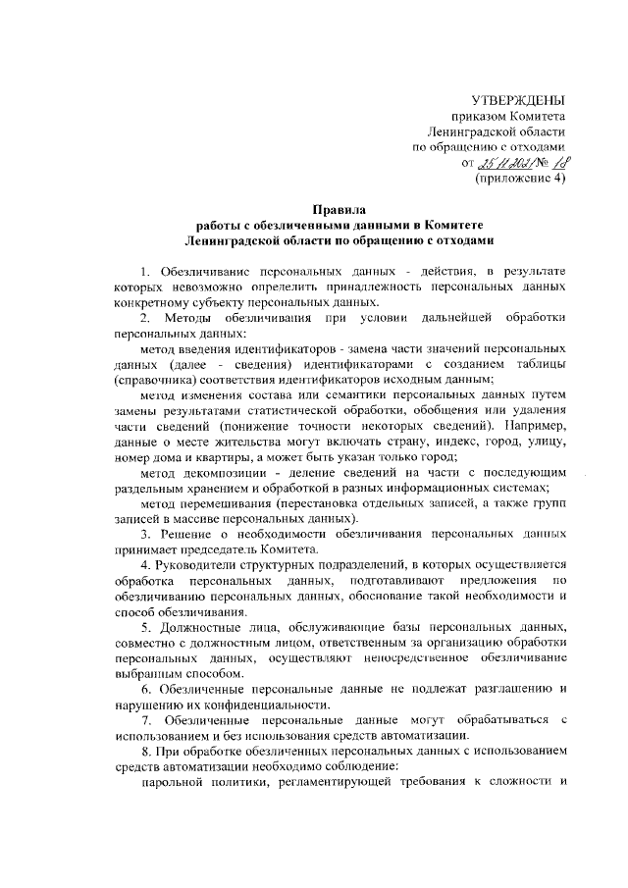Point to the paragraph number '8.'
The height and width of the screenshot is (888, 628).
tap(145, 752)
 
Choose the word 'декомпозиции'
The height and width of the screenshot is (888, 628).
tap(235, 473)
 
